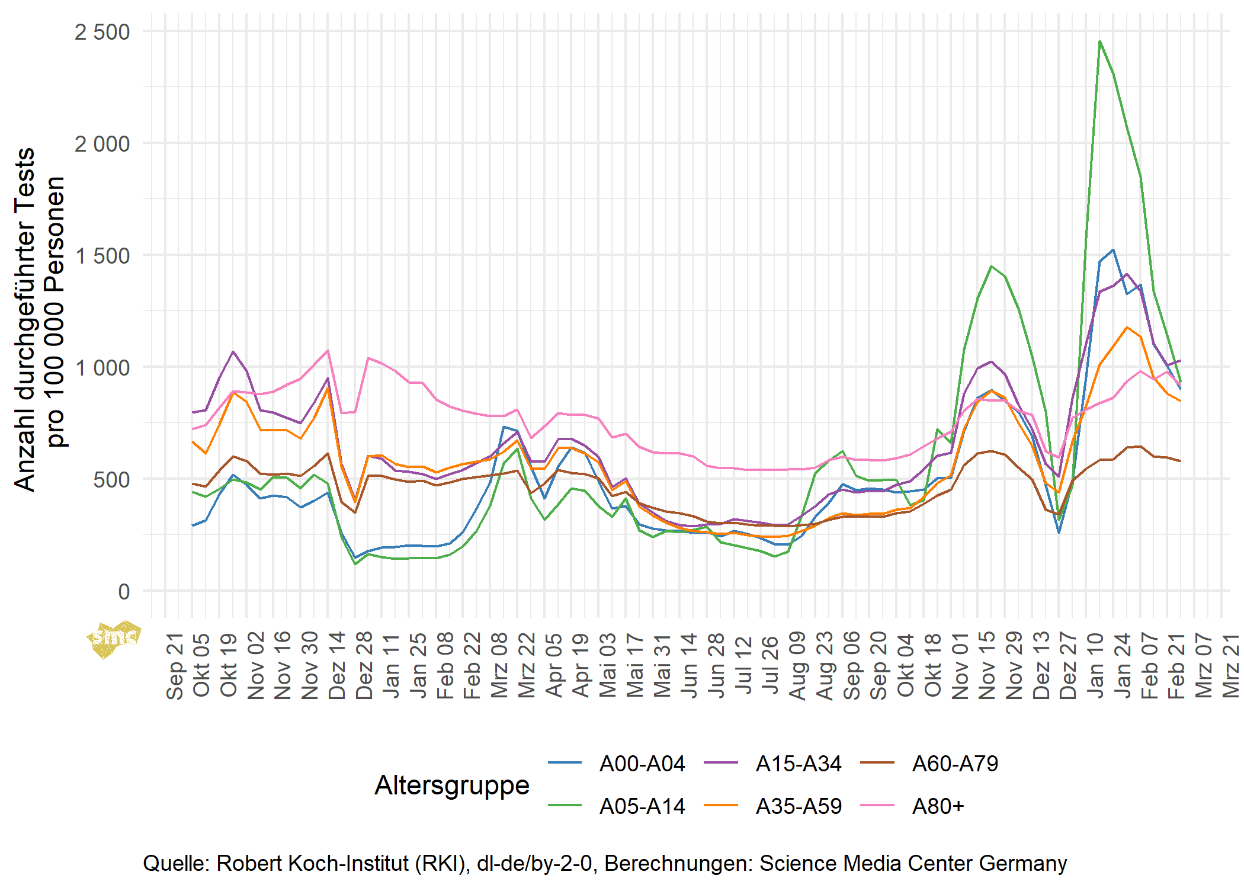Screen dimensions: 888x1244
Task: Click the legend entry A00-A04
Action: coord(642,764)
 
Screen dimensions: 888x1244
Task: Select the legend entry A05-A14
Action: coord(642,807)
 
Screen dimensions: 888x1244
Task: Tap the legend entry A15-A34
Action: coord(798,764)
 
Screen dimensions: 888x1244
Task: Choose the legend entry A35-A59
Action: coord(798,807)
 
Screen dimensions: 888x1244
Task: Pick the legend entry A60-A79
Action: coord(955,764)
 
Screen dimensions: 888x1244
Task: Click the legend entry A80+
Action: coord(938,807)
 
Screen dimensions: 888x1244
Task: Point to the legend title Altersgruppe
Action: coord(452,786)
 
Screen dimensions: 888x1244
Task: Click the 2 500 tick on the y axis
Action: coord(102,32)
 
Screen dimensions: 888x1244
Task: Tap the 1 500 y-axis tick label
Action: coord(102,256)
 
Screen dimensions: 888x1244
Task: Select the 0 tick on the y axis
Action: coord(124,591)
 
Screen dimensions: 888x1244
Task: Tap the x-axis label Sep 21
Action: coord(174,666)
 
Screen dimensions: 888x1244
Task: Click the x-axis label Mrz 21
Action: coord(1231,666)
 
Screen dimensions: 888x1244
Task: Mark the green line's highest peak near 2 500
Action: coord(1099,41)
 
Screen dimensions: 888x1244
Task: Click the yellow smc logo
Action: coord(114,639)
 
